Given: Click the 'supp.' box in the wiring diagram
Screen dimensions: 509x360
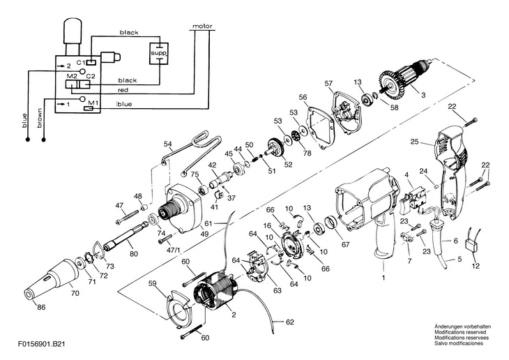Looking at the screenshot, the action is [159, 53].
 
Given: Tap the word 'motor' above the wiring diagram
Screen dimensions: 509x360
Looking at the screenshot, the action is [202, 26].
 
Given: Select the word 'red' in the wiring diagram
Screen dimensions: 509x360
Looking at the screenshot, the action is [123, 90].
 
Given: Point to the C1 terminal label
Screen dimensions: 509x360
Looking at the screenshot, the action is [80, 61].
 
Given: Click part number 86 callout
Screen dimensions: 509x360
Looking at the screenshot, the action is [41, 307].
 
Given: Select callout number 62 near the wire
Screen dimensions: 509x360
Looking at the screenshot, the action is [290, 322].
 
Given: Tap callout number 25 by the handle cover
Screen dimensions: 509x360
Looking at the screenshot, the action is [415, 142].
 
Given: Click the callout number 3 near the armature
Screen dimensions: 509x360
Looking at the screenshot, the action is [423, 95].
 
